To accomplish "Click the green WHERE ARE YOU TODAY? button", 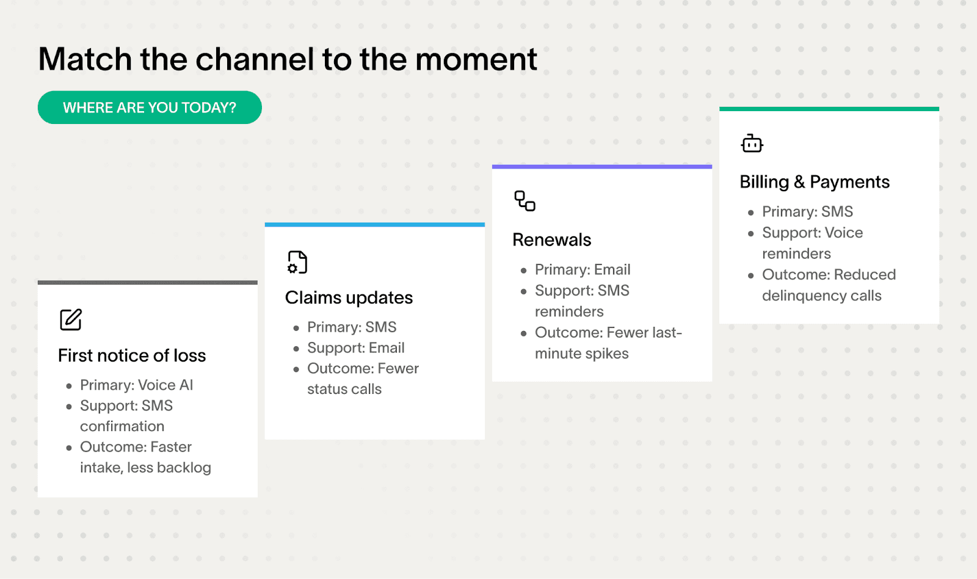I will [x=150, y=107].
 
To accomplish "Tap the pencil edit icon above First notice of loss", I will [x=71, y=319].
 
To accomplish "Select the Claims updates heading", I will [x=349, y=297].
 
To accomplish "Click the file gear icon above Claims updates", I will [x=297, y=262].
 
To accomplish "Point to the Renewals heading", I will [x=551, y=239].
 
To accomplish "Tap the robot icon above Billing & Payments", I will [x=752, y=144].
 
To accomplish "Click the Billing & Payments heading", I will [x=814, y=182].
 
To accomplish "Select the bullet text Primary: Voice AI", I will [x=136, y=385].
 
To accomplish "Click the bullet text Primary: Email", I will [x=582, y=269].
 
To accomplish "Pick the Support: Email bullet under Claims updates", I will [x=355, y=348].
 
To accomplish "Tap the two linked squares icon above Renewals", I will [x=525, y=201].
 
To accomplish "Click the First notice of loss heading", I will [x=132, y=355].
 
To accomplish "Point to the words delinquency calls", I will [x=821, y=296].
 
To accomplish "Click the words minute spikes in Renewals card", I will [x=581, y=354].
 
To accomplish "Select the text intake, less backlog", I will [x=145, y=468].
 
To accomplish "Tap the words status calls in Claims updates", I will [x=344, y=389].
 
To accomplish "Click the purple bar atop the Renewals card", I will [x=601, y=166].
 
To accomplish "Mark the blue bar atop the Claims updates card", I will [x=374, y=225].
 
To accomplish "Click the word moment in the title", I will [x=476, y=60].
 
